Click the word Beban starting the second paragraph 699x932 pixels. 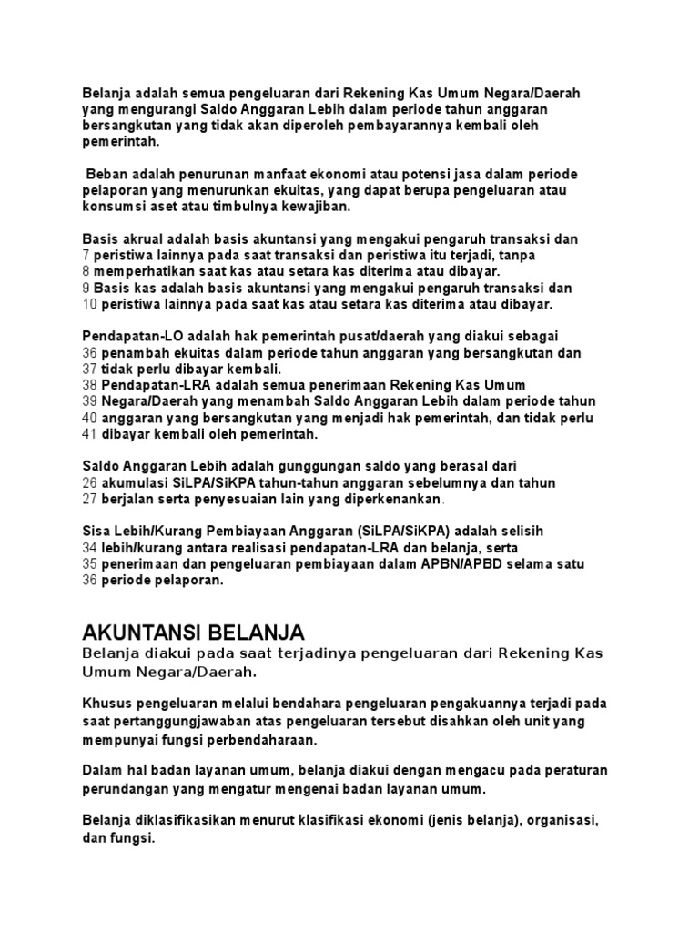pyautogui.click(x=106, y=173)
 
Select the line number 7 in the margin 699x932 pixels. pyautogui.click(x=86, y=256)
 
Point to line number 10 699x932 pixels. pyautogui.click(x=89, y=303)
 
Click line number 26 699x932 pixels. pyautogui.click(x=89, y=481)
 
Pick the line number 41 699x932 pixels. pyautogui.click(x=89, y=434)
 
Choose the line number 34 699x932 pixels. pyautogui.click(x=89, y=547)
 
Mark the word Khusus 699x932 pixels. pyautogui.click(x=104, y=704)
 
